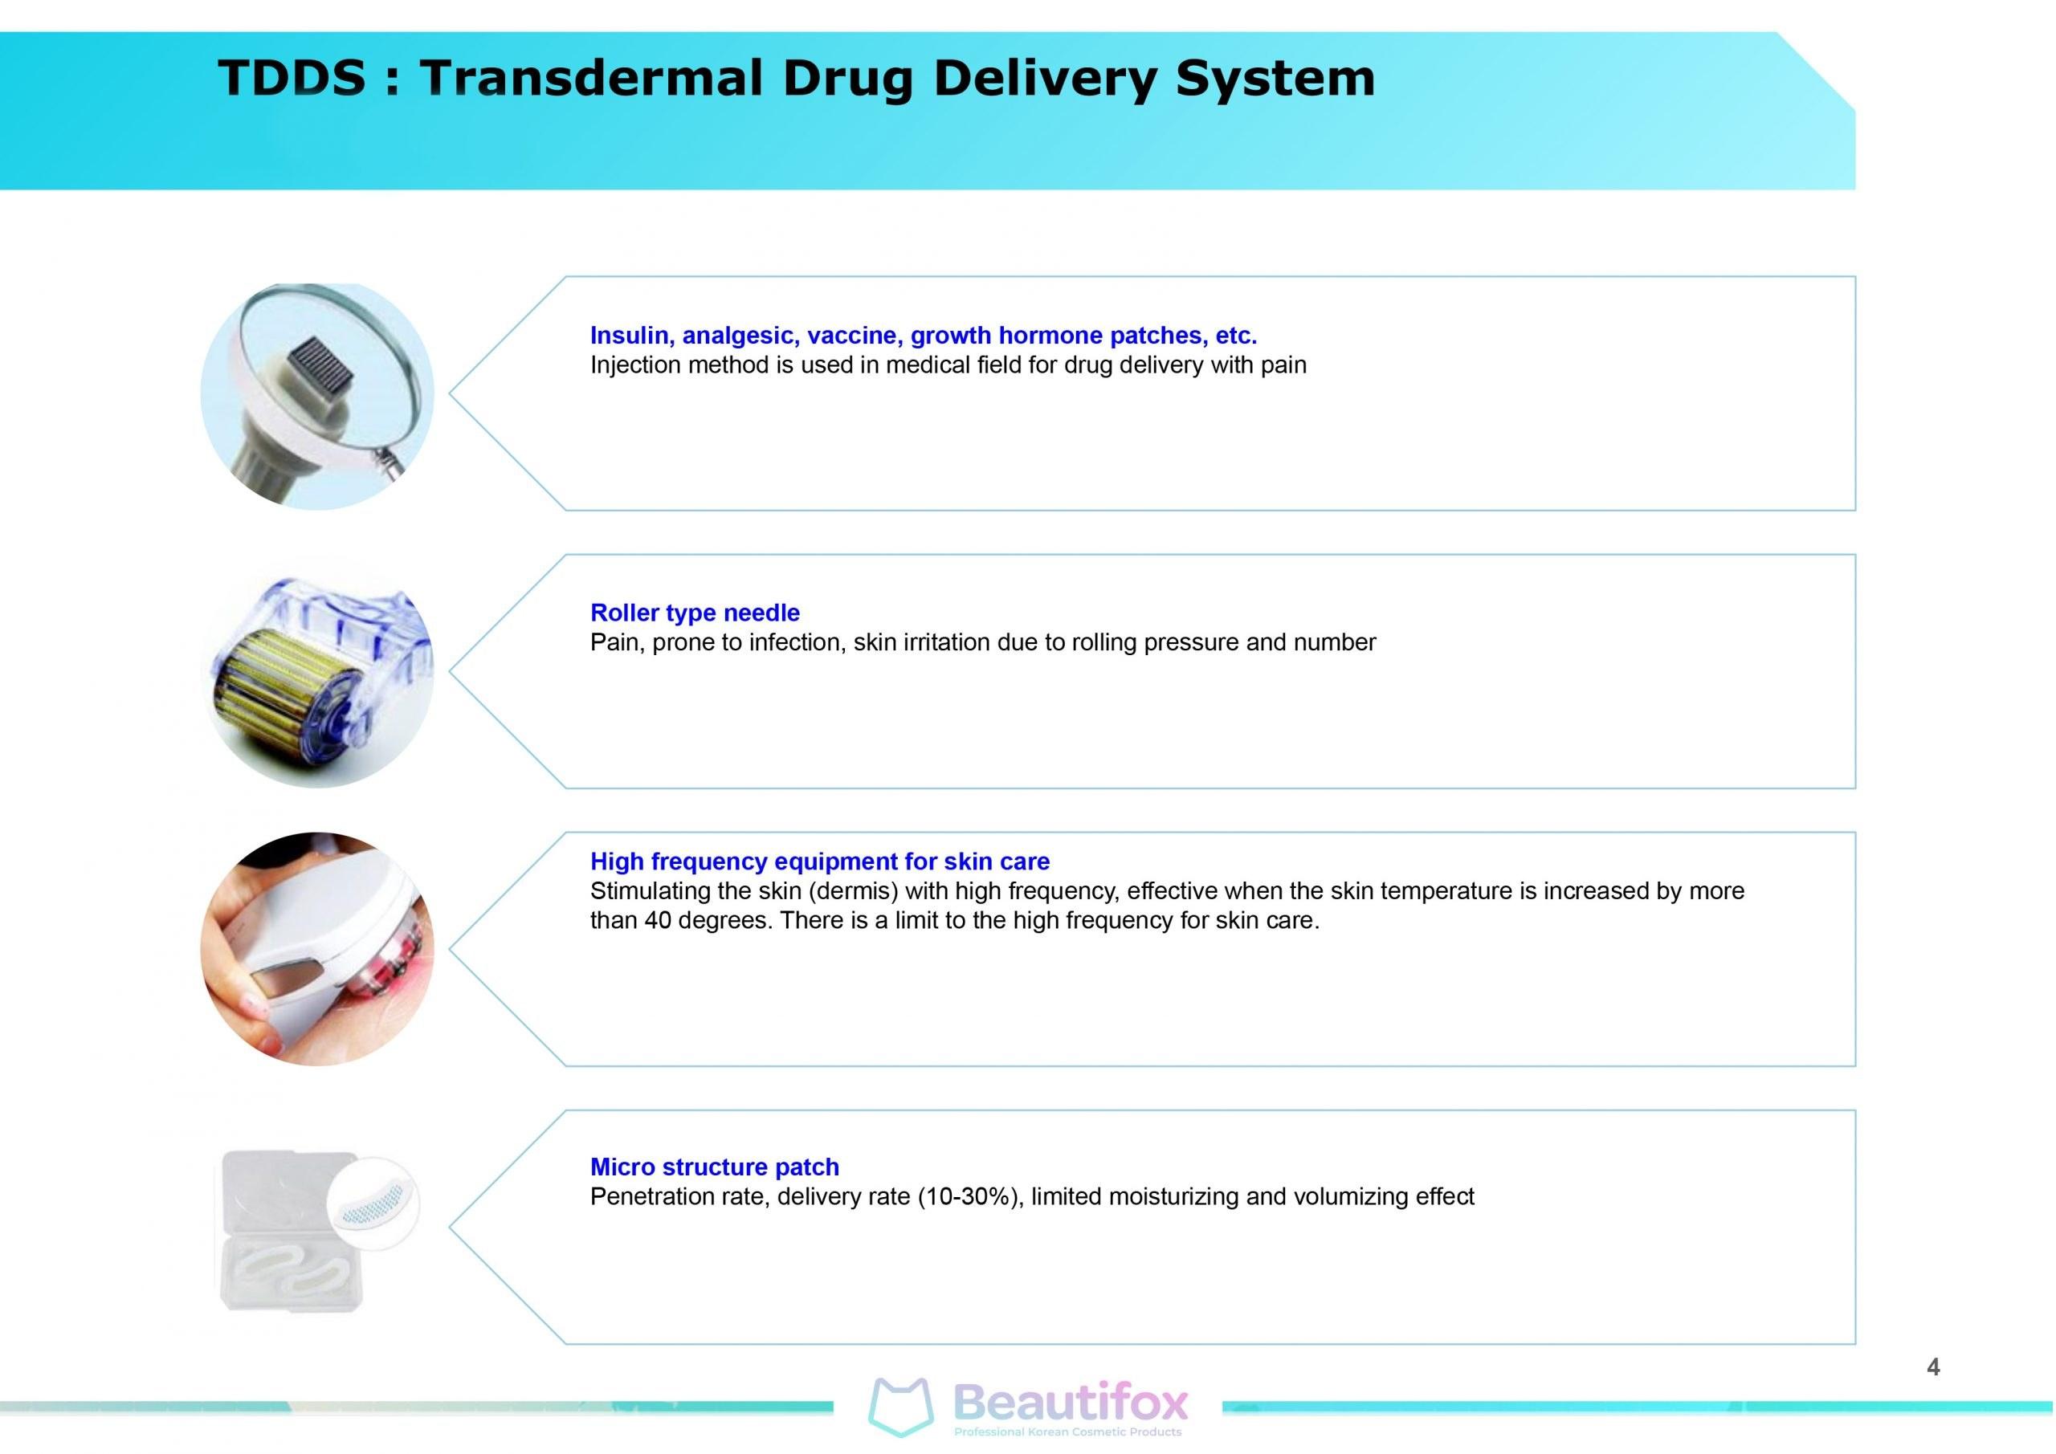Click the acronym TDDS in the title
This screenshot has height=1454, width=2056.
click(x=292, y=77)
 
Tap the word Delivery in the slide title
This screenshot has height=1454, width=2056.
click(x=1045, y=79)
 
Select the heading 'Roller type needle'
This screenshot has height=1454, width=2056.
click(x=695, y=613)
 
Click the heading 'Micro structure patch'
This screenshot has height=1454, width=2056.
click(x=715, y=1167)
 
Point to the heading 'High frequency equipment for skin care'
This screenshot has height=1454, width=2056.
click(x=819, y=861)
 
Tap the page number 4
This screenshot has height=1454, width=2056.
click(x=1932, y=1367)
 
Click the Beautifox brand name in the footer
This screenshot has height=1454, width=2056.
click(x=1071, y=1402)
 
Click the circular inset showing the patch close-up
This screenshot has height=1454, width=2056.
click(x=373, y=1200)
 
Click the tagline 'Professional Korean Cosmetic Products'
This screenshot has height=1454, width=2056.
click(x=1067, y=1432)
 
